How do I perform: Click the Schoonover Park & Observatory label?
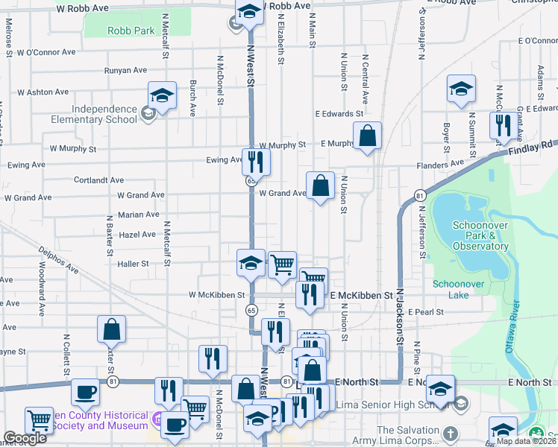[480, 235]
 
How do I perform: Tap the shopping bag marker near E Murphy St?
[367, 136]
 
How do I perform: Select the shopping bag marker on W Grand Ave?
[320, 186]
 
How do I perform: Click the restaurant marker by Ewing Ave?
[256, 161]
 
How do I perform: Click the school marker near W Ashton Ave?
[162, 95]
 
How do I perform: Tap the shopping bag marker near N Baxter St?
[111, 329]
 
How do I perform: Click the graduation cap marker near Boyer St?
[461, 89]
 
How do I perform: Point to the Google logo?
[25, 438]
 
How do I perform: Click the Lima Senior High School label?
[388, 404]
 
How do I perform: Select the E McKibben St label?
[361, 295]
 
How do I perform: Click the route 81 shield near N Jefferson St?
[420, 195]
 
